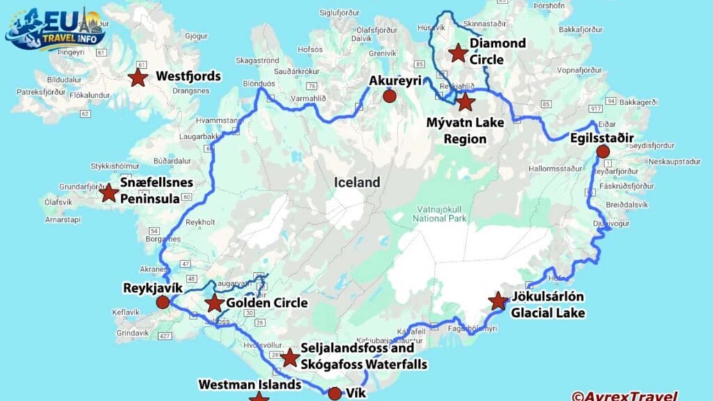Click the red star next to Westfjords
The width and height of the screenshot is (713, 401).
coord(138,77)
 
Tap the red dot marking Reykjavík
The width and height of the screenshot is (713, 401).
coord(162,302)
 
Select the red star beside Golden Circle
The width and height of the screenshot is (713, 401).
coord(214,304)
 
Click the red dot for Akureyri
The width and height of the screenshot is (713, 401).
coord(390,97)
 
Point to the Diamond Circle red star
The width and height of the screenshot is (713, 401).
coord(457,53)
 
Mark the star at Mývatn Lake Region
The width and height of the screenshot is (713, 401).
coord(466,102)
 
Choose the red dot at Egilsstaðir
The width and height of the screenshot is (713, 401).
coord(603,152)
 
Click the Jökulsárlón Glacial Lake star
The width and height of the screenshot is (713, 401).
coord(498,301)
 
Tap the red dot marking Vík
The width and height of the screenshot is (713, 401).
coord(334,393)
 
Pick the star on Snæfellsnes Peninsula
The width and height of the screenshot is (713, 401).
coord(109,192)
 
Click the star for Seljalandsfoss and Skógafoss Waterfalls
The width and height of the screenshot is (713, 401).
coord(290,359)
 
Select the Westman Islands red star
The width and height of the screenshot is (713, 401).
coord(259,397)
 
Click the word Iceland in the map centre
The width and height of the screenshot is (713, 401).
coord(357,183)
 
